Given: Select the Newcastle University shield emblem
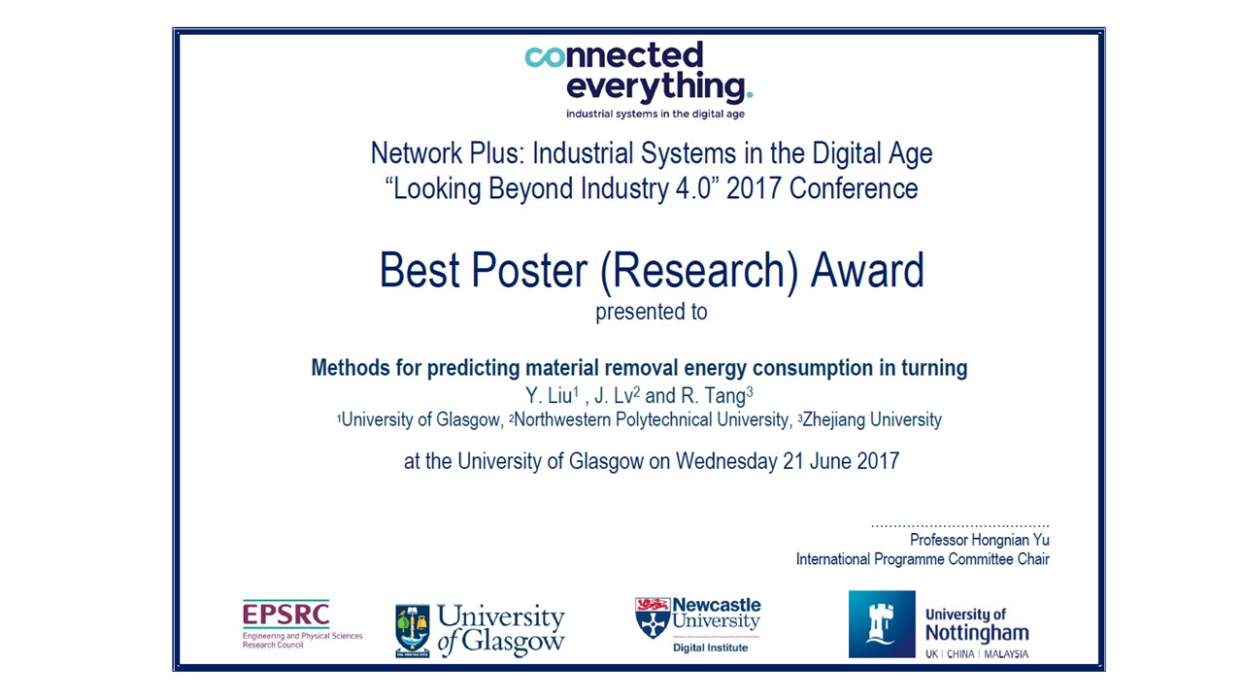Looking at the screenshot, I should pyautogui.click(x=653, y=617).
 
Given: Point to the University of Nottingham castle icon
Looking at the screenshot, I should pyautogui.click(x=882, y=624).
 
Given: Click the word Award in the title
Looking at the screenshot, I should pyautogui.click(x=867, y=270).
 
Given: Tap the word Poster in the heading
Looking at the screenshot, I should pyautogui.click(x=529, y=270).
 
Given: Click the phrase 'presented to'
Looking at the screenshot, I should pyautogui.click(x=651, y=312).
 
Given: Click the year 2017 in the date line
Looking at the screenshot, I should pyautogui.click(x=877, y=460).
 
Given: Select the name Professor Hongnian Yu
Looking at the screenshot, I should pyautogui.click(x=979, y=540).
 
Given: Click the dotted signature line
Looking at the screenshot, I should pyautogui.click(x=959, y=525).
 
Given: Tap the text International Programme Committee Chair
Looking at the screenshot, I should pyautogui.click(x=923, y=559).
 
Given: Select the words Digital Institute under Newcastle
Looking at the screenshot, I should pyautogui.click(x=711, y=648).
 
